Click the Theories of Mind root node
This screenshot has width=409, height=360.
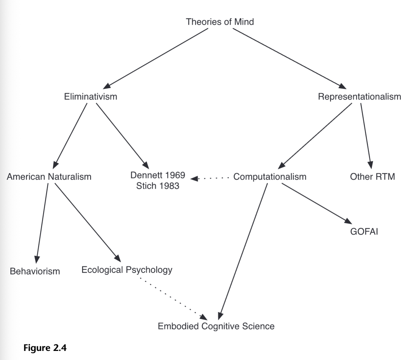click(220, 22)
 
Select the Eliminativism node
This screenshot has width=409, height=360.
click(91, 97)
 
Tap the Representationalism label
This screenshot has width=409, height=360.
click(359, 97)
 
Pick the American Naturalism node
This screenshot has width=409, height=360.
click(49, 176)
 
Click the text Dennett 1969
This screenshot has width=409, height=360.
click(158, 175)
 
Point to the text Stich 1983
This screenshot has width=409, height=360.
click(158, 186)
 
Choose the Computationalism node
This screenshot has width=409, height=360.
click(270, 177)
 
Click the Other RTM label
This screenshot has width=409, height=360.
click(373, 176)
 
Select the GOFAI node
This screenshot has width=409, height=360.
click(364, 232)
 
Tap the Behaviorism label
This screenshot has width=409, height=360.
click(35, 271)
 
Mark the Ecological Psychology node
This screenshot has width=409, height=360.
click(127, 270)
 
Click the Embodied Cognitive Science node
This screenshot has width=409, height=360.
click(216, 326)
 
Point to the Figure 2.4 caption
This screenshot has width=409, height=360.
click(45, 348)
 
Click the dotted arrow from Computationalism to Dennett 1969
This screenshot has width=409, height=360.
click(210, 178)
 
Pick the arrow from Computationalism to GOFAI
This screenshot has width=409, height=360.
click(317, 203)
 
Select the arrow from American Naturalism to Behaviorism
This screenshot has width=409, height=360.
click(42, 223)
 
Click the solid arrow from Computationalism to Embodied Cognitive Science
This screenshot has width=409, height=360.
click(243, 252)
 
